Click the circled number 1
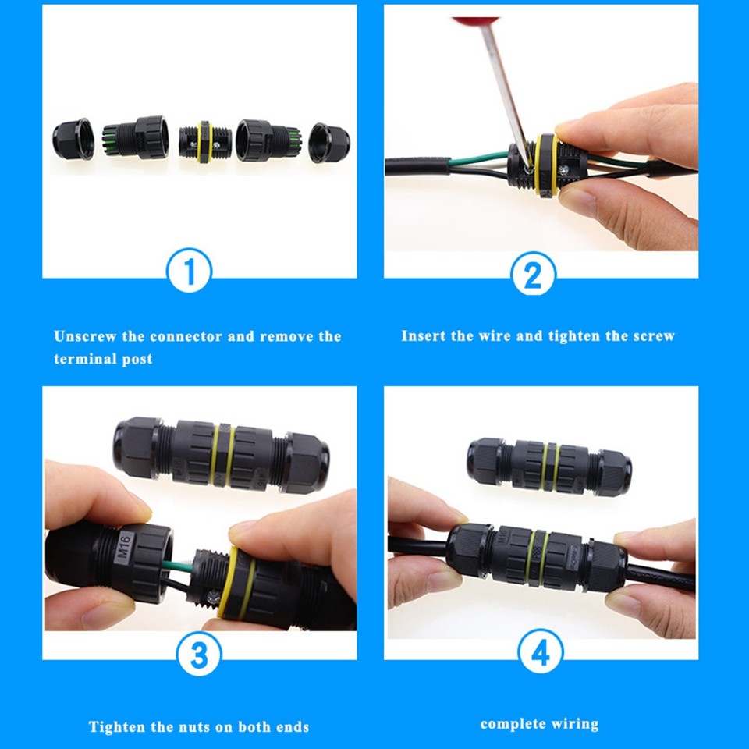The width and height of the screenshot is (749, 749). click(x=190, y=271)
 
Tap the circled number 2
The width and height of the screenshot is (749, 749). click(x=533, y=274)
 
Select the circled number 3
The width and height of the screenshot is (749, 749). click(x=200, y=653)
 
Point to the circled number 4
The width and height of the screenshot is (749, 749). click(x=540, y=653)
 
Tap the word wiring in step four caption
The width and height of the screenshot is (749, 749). click(x=575, y=724)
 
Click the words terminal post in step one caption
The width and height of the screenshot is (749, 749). click(x=103, y=360)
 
